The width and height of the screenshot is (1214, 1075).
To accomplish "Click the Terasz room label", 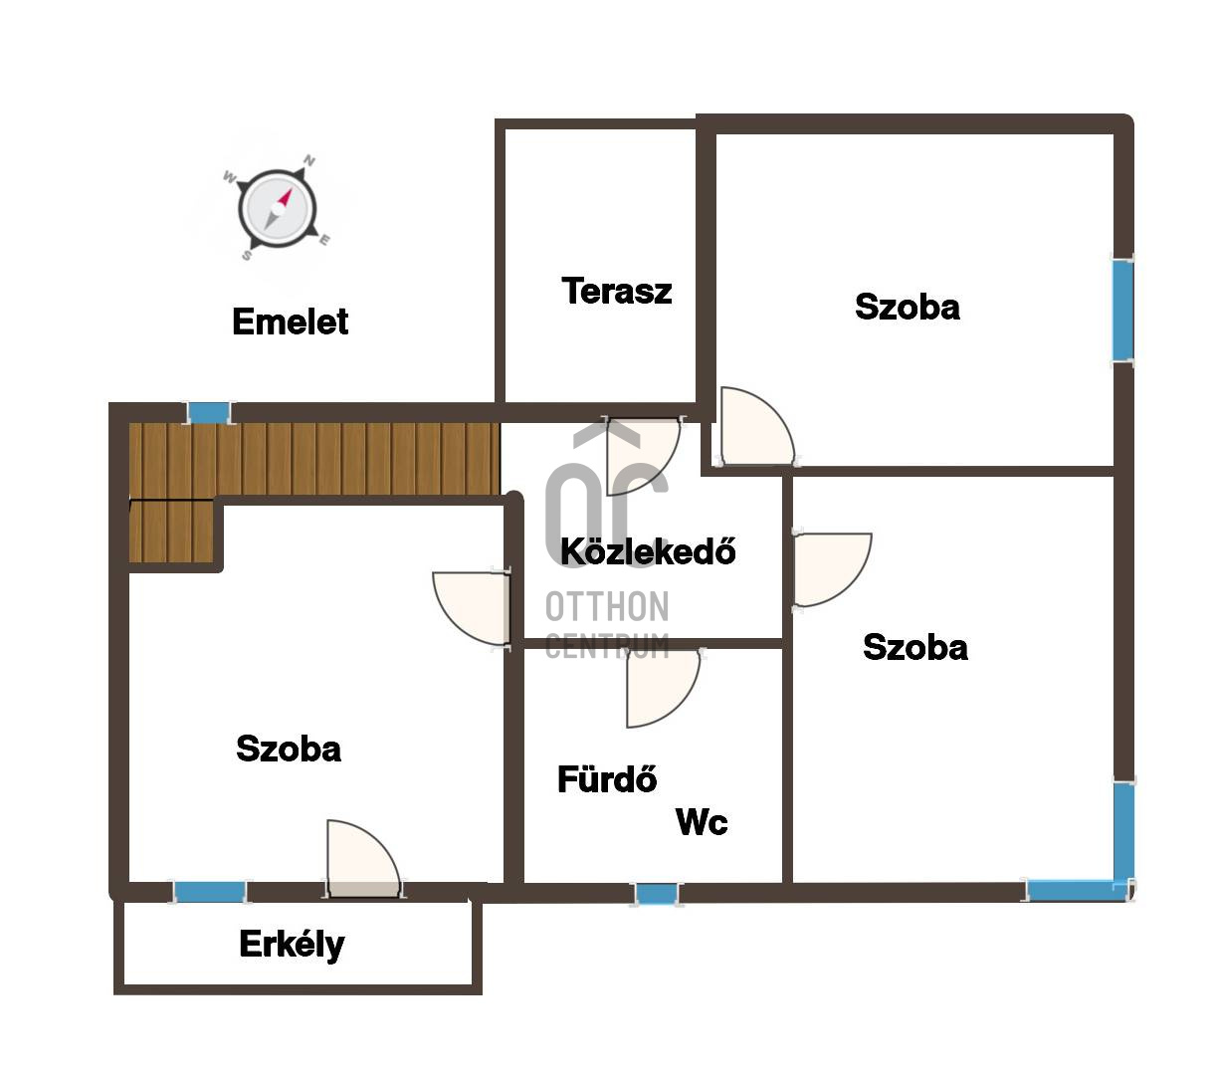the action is coord(616,291).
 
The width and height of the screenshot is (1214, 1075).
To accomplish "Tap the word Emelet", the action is coord(290,321).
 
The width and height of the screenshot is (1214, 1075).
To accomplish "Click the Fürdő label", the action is coord(606,778).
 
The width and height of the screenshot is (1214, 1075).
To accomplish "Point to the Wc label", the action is coord(702,821).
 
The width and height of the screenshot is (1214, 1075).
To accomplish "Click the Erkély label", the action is coord(292,945).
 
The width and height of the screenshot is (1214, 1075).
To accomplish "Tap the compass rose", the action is coord(277,209).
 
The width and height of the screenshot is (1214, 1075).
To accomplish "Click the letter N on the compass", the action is coord(309,160).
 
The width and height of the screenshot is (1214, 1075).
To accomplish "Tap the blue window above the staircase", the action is coord(209,413).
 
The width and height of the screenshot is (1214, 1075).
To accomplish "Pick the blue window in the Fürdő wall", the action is coord(656,894).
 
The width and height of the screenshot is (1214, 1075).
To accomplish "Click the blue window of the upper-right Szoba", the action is coord(1122,311).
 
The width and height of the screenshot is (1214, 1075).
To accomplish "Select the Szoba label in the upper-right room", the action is coord(907,307).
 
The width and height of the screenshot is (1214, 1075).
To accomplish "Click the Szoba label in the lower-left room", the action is coord(289,749).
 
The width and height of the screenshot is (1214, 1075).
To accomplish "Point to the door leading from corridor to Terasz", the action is coord(643,456).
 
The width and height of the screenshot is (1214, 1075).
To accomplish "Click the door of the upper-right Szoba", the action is coord(756,426).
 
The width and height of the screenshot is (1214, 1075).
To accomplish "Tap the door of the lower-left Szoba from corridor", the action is coord(471,608).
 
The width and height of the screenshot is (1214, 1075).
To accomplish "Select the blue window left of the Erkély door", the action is coord(209,892).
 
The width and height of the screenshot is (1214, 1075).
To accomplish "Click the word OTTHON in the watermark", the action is coord(607,607).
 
